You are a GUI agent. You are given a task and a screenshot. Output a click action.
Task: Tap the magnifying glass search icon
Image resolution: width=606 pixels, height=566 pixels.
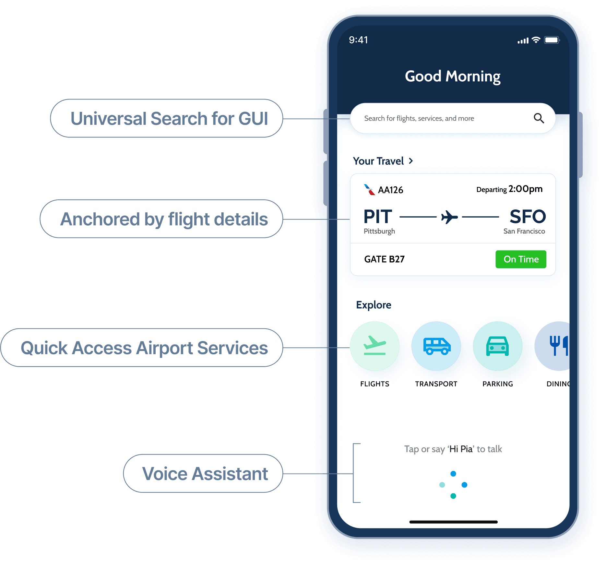coord(539,118)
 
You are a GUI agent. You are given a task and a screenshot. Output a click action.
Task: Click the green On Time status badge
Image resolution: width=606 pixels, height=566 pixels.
coord(521,259)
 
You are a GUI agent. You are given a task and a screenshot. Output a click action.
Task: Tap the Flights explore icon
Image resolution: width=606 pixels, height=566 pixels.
coord(374,346)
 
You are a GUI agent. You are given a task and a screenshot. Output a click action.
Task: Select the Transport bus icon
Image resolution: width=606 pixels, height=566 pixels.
coord(436,346)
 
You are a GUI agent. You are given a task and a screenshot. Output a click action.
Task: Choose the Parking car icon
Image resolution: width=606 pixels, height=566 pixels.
coord(497,346)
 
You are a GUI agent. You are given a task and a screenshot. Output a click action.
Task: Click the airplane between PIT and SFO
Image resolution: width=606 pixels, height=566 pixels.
coord(449,217)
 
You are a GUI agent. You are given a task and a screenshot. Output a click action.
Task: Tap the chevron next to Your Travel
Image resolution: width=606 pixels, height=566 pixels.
coord(411,161)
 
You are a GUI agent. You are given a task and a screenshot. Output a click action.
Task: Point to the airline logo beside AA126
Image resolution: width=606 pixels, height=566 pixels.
coord(369,190)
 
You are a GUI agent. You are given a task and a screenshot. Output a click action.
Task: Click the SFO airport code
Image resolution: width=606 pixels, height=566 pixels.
coord(528,217)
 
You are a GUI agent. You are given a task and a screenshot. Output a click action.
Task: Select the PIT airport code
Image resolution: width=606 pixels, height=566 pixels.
coord(378,217)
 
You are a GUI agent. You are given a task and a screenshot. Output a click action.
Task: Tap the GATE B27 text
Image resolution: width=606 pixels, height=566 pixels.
coord(384,259)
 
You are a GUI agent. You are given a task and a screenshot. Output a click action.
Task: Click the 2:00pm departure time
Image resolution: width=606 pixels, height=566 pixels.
coord(525,189)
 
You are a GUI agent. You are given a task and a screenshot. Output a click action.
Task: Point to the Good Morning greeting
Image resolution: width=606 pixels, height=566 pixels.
coord(453,77)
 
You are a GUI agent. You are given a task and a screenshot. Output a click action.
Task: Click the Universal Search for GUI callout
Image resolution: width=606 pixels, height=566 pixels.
coord(167,118)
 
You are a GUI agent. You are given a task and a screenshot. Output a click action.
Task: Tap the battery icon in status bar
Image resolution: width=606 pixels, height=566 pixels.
coord(552,40)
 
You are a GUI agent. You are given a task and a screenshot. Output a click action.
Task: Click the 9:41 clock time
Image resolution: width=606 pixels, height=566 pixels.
coord(358,40)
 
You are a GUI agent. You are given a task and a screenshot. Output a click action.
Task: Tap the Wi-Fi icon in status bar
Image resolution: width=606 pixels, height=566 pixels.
coord(536,40)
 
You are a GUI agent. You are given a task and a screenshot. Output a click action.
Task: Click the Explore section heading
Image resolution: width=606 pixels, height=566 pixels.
coord(374,305)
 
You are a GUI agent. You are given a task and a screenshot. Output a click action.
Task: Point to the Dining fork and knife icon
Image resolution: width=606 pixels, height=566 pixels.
coord(558,346)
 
